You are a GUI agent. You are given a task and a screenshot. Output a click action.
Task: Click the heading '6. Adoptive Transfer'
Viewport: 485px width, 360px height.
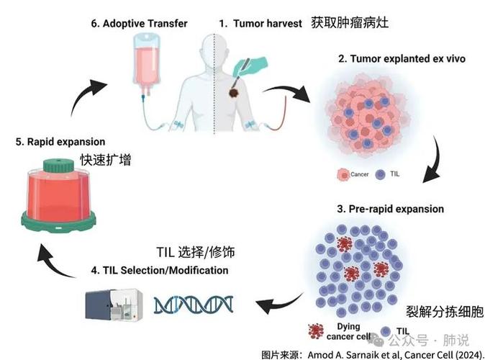[x=139, y=24]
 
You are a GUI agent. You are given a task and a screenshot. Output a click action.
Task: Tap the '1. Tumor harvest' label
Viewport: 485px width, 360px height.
[x=260, y=24]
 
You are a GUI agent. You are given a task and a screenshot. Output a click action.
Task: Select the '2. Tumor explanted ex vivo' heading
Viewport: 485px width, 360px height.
[x=402, y=58]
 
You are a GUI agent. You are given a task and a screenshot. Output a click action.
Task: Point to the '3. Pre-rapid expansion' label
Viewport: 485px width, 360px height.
[x=390, y=209]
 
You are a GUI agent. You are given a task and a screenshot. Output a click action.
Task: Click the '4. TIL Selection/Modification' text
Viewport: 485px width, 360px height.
[x=160, y=270]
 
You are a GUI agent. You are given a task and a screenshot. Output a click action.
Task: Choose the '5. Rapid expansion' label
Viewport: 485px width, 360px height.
[x=60, y=142]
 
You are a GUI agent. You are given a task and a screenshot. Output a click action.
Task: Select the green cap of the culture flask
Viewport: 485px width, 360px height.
[x=58, y=166]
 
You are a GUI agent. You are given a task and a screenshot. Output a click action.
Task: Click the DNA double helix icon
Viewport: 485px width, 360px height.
[x=194, y=305]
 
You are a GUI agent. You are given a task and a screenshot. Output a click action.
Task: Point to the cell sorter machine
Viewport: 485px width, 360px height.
[x=114, y=305]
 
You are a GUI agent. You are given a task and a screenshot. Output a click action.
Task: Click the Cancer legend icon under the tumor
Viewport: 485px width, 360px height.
[x=343, y=174]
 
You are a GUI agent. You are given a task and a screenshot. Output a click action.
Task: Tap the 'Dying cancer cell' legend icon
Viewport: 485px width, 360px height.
[x=316, y=331]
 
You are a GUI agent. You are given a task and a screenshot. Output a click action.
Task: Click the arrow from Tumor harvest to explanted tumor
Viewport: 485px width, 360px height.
[x=289, y=90]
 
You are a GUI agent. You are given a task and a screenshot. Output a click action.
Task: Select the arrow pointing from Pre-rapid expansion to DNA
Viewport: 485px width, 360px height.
[x=278, y=304]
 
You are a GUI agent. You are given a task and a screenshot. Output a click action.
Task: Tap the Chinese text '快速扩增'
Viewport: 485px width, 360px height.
[x=106, y=160]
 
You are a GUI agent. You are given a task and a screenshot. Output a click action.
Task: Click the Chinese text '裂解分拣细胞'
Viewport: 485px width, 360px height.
[x=445, y=312]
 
